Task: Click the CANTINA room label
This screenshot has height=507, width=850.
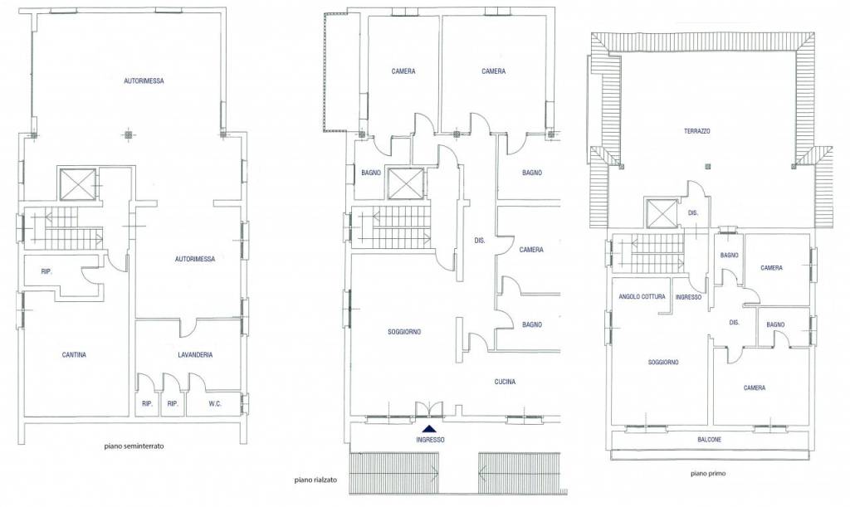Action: click(x=74, y=355)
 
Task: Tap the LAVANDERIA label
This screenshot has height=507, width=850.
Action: click(x=195, y=355)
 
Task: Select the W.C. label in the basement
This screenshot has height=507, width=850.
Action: click(x=215, y=403)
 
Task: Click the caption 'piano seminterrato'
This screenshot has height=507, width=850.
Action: click(x=134, y=446)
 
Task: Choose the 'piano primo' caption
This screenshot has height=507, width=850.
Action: click(x=708, y=473)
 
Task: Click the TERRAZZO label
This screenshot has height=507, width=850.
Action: click(x=697, y=131)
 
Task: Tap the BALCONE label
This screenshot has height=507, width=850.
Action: click(x=709, y=440)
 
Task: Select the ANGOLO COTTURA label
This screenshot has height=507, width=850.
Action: click(x=642, y=297)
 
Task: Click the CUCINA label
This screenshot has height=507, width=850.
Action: click(x=505, y=382)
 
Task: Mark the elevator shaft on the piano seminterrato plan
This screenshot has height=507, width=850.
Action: click(x=77, y=185)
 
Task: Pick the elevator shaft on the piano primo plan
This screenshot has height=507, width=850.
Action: click(x=661, y=213)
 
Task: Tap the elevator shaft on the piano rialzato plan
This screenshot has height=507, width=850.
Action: click(x=405, y=183)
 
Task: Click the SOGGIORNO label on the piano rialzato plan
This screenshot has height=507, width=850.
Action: click(x=404, y=332)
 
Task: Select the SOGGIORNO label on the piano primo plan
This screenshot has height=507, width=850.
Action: click(x=663, y=363)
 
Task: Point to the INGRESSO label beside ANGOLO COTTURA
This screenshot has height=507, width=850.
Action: click(x=688, y=297)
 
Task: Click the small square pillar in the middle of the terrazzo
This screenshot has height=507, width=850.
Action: click(x=707, y=166)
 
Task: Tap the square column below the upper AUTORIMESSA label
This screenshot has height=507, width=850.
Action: click(x=128, y=134)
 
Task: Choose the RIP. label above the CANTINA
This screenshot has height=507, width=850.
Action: click(x=46, y=272)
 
